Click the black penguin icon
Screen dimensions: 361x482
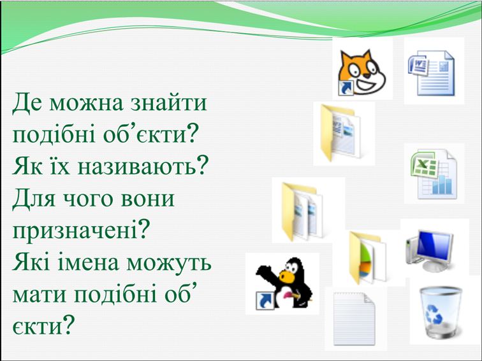[x=285, y=283]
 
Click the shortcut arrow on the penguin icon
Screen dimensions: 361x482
[x=261, y=301]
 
